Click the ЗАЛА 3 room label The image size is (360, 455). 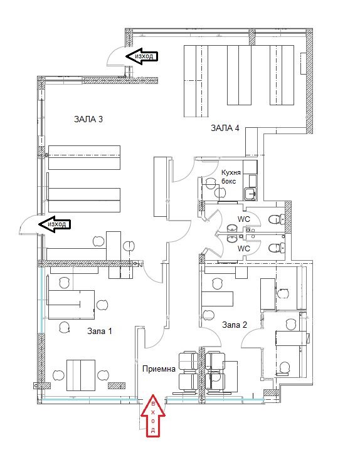click(x=88, y=119)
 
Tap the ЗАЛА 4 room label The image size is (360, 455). click(x=225, y=128)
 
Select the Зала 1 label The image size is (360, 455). click(x=100, y=331)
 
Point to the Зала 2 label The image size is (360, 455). click(x=235, y=325)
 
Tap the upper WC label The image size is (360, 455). click(x=243, y=220)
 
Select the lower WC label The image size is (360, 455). click(x=243, y=248)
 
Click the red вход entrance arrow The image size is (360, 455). click(x=153, y=417)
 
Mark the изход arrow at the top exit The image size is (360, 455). click(x=142, y=56)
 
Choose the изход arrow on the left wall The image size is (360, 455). click(x=54, y=223)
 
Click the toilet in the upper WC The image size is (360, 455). click(x=274, y=219)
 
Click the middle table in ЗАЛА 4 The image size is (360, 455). click(x=239, y=75)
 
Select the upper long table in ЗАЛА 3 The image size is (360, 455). click(x=84, y=157)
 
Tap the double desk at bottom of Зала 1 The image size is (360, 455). click(x=80, y=375)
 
